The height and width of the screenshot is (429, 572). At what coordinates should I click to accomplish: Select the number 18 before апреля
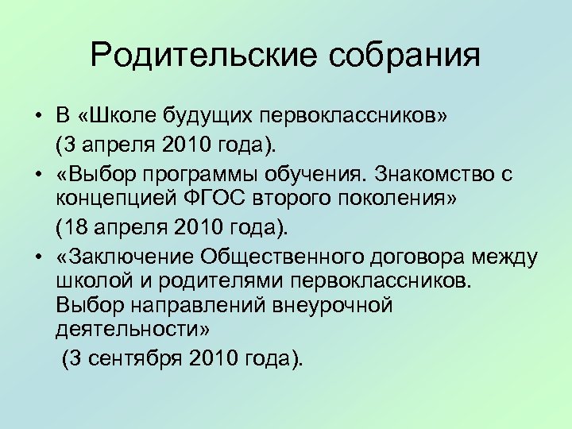(x=78, y=227)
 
